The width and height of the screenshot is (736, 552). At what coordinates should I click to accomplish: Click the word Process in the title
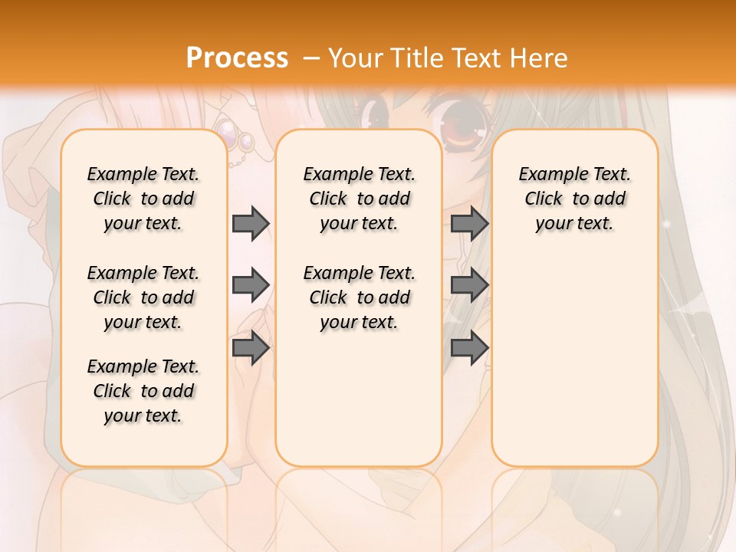click(x=237, y=58)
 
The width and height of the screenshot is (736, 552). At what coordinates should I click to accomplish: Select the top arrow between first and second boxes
click(x=251, y=223)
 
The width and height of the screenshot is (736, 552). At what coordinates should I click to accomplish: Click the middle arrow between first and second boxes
click(x=251, y=285)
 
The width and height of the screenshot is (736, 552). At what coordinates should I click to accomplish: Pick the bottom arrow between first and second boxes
click(x=251, y=348)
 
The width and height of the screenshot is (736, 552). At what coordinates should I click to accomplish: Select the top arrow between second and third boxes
click(x=469, y=223)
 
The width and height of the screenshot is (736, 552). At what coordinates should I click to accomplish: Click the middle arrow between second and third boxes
click(x=469, y=285)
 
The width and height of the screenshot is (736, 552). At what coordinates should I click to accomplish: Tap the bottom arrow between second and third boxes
click(x=469, y=348)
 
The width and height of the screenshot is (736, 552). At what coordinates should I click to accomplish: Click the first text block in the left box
click(x=143, y=199)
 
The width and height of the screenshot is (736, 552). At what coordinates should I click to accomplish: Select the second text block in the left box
click(x=143, y=297)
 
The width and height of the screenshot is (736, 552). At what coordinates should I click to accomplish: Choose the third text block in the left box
click(x=143, y=391)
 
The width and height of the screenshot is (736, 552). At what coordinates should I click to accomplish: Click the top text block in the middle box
click(x=359, y=199)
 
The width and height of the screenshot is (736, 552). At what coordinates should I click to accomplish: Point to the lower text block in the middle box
click(x=359, y=297)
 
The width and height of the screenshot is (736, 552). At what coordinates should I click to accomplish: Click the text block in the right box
click(x=574, y=199)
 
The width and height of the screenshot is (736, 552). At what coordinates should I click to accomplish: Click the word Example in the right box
click(x=546, y=174)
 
